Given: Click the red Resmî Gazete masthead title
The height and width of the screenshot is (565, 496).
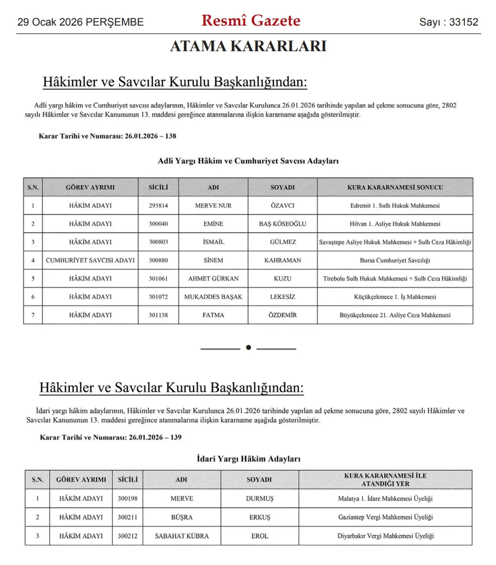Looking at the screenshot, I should pos(251,21).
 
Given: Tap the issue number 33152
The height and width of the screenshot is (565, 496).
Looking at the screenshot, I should pos(463,22).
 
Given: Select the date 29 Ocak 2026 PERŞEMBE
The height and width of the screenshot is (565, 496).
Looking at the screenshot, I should pos(80,22).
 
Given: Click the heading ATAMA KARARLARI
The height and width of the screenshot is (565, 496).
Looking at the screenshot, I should pos(248,46).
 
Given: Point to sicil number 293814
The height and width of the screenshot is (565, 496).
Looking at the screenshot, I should pos(158,206).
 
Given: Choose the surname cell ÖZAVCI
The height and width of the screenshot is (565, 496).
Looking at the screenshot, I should pos(282,206).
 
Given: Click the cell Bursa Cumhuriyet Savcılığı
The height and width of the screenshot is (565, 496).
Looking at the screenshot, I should pos(395,260).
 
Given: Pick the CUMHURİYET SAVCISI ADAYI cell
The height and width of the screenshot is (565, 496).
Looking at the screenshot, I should pos(90,260).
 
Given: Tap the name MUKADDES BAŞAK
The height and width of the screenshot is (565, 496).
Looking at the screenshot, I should pos(213,297).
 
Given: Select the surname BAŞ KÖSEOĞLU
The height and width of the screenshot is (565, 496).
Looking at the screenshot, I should pos(282,224).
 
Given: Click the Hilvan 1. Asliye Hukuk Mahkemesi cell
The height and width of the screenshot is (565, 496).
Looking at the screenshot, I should pos(395,224).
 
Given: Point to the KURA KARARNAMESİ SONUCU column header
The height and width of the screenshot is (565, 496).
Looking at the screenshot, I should pos(395,187).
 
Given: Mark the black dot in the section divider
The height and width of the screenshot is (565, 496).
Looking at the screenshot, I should pos(248,347).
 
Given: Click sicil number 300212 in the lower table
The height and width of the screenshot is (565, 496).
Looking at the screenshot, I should pos(127,536).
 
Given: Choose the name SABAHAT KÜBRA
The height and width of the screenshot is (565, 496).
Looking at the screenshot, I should pos(182,536).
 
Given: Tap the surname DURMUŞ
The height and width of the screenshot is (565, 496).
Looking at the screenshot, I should pos(260,499).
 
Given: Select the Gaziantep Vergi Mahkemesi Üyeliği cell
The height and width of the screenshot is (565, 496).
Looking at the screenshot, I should pos(385,517).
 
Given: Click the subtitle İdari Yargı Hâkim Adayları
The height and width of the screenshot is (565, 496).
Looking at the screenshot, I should pos(248,459).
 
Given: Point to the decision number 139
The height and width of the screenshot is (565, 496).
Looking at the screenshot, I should pos(176,437).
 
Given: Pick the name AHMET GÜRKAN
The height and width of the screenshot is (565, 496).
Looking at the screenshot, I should pos(213,278).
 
